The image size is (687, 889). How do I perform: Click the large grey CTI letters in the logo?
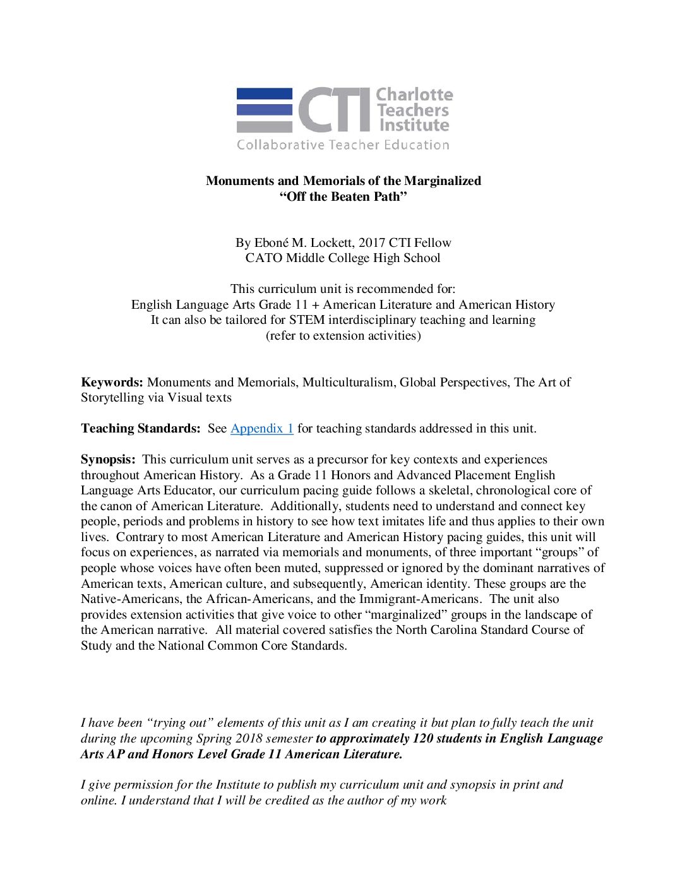click(x=334, y=109)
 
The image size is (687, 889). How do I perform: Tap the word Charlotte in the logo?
click(x=414, y=95)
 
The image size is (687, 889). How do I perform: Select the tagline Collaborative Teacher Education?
click(x=343, y=145)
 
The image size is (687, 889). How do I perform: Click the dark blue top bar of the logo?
click(x=264, y=93)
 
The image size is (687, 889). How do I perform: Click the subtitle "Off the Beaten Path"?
click(x=343, y=196)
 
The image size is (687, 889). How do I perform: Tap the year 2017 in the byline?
click(x=372, y=242)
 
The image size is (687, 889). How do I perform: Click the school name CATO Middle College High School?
click(x=343, y=258)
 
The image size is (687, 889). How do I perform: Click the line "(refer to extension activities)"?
click(x=343, y=335)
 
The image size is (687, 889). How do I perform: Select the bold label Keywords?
click(x=112, y=382)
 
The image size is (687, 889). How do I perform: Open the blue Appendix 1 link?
click(x=261, y=428)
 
